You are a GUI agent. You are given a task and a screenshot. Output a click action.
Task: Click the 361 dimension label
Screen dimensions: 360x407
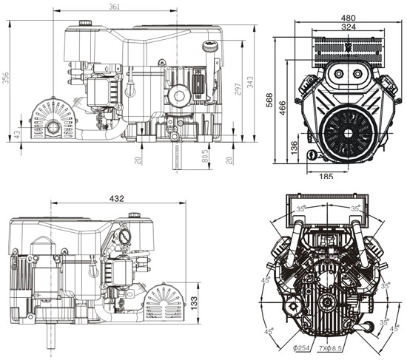point(114,7)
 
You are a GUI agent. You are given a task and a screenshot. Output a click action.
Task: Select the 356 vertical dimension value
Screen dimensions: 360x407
point(6,77)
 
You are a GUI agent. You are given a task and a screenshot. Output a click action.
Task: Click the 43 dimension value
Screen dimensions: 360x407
point(18,134)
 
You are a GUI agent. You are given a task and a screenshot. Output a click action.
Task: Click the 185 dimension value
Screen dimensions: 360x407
point(326,176)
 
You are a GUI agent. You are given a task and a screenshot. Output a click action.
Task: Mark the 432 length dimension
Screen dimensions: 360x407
point(116,198)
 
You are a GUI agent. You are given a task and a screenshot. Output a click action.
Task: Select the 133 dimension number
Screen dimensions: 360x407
point(192,303)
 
